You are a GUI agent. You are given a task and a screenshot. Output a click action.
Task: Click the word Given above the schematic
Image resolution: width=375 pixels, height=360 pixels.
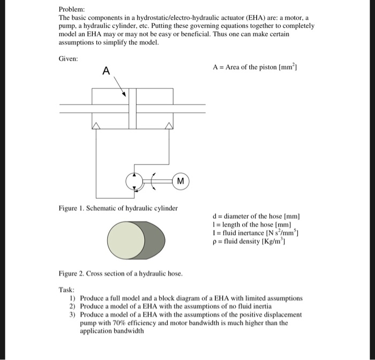coord(69,58)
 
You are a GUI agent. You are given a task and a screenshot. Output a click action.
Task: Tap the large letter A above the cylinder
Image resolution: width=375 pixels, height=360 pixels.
coord(106,71)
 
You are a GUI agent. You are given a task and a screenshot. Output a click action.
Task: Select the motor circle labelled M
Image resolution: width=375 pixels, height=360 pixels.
coord(181,182)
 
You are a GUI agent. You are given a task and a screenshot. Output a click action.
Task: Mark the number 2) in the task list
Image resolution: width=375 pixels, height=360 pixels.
coord(73,305)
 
